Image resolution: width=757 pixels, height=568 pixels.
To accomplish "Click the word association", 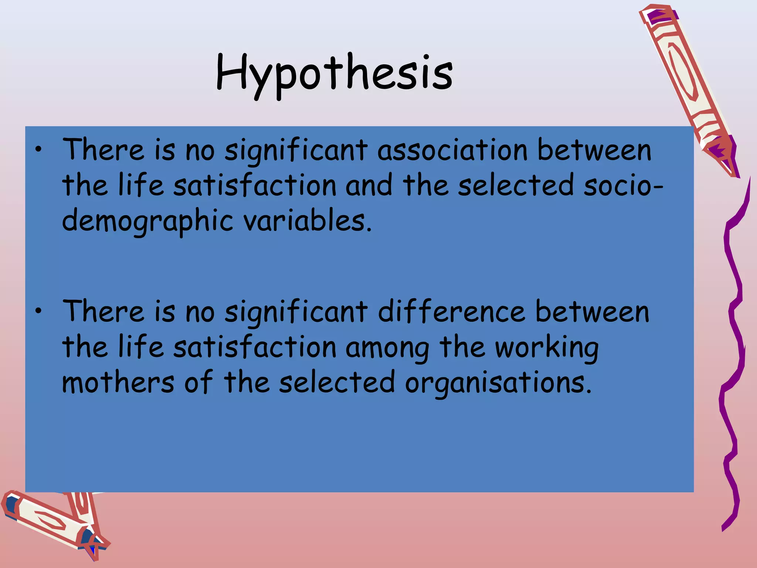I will pos(452,151).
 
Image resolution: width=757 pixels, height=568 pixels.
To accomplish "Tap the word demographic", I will pos(147,221).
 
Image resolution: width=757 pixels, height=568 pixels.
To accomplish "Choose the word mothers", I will pos(118,382).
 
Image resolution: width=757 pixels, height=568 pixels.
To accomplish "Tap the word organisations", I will pos(498,383).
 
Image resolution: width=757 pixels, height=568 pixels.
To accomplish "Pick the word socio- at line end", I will pos(624,186).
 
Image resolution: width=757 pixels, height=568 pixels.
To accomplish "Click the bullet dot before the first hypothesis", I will pos(38,150).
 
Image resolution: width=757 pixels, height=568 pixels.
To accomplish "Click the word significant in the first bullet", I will pos(296,151).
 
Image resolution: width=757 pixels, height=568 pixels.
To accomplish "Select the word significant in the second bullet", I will pos(296,312).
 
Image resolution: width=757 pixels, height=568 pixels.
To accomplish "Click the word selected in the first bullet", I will pos(516,186).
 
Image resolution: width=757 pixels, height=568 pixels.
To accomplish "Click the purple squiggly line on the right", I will pos(734,351).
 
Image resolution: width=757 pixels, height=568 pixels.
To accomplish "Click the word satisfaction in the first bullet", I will pos(255,186).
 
